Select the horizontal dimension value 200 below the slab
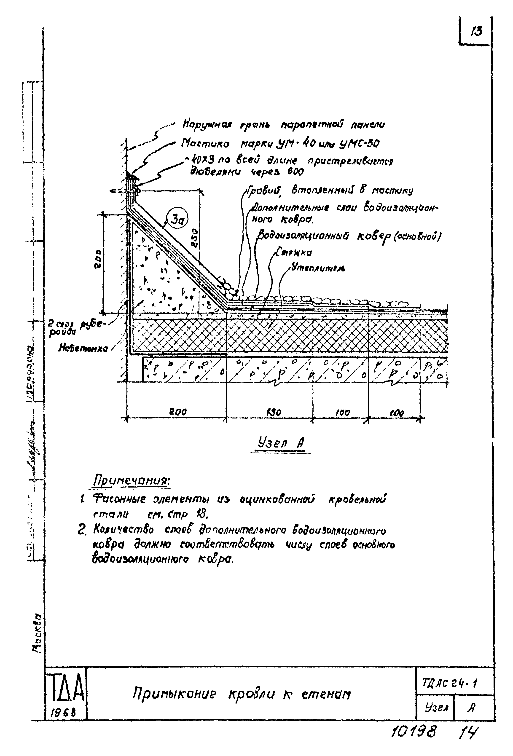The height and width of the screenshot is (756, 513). pos(178,412)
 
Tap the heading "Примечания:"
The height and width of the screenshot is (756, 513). pos(132,480)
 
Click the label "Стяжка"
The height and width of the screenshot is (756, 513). pos(293,252)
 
